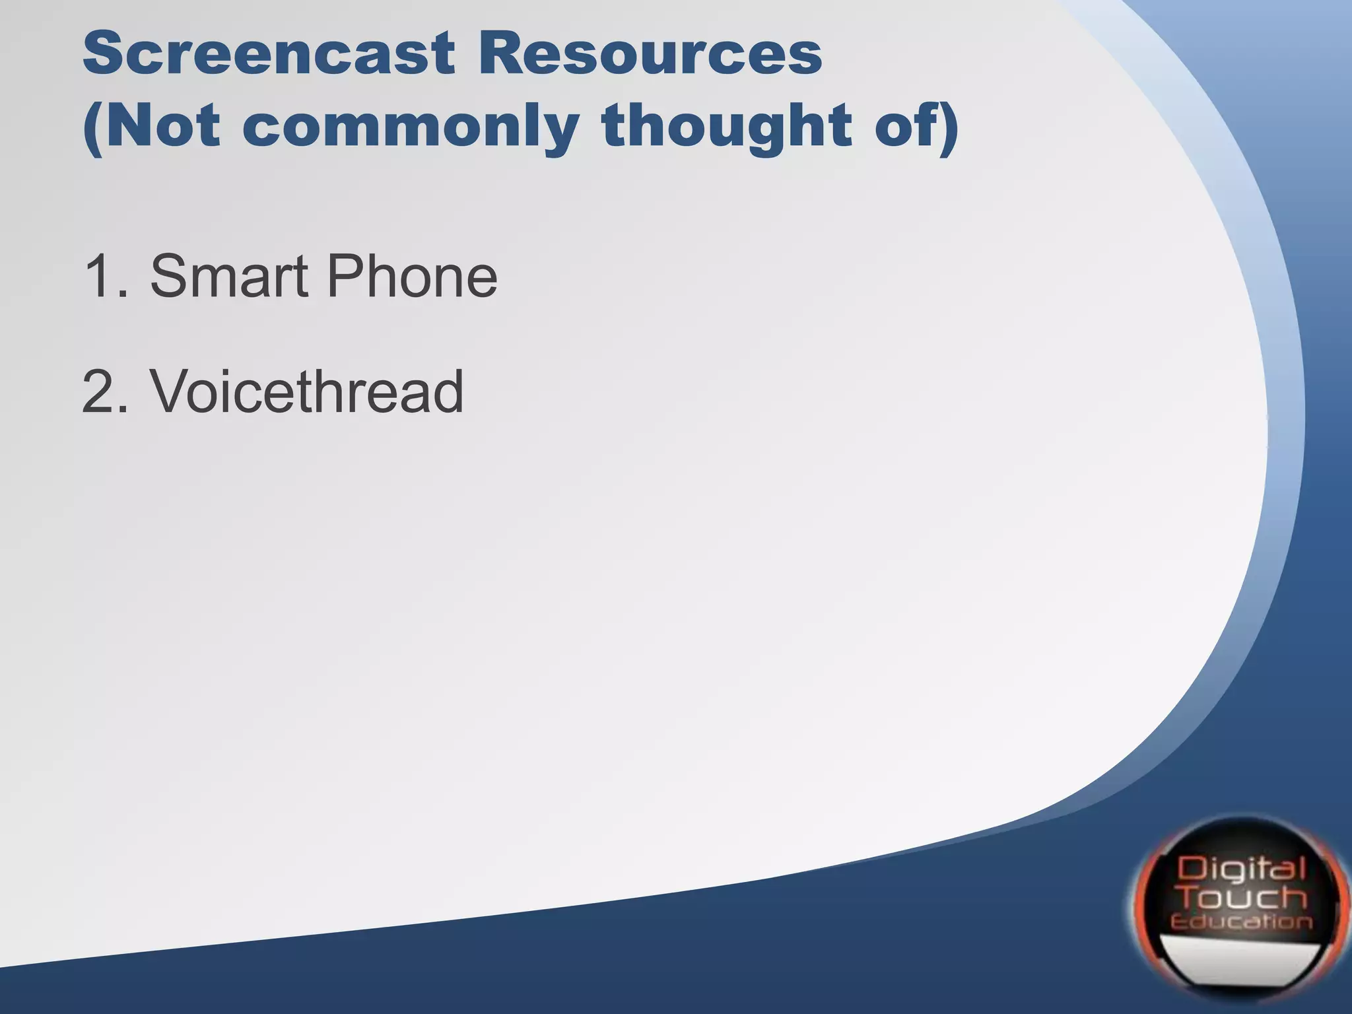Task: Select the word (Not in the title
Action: [x=151, y=125]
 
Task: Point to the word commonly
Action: [x=410, y=127]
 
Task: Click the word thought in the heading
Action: [x=727, y=125]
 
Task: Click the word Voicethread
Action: [x=307, y=391]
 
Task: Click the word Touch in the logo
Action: [x=1243, y=898]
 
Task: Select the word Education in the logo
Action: [x=1241, y=922]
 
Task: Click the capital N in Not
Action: [x=128, y=125]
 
